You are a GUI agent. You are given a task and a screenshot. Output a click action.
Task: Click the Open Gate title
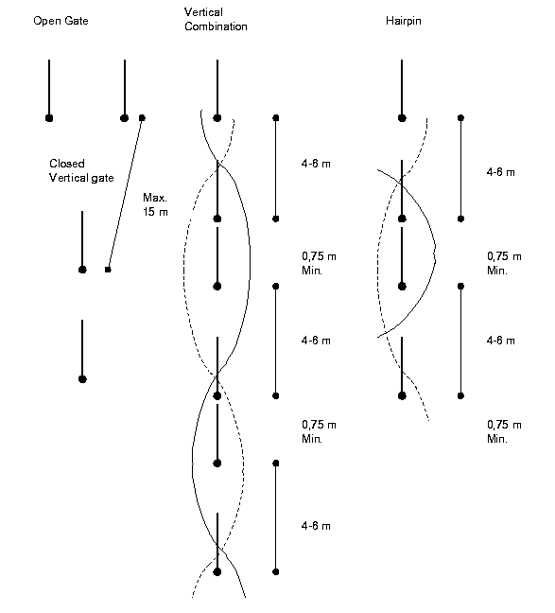point(61,21)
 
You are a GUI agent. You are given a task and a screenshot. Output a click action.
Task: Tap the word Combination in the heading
point(216,26)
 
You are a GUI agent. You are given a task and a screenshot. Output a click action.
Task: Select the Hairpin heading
point(404,21)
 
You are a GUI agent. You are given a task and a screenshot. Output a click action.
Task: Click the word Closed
point(67,164)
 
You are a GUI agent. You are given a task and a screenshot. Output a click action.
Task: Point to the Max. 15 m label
point(155,204)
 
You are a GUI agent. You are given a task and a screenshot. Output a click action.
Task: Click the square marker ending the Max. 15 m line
point(108,270)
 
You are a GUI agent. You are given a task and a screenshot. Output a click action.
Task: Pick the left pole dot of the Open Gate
point(49,118)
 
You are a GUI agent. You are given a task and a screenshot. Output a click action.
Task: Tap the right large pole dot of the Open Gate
point(124,118)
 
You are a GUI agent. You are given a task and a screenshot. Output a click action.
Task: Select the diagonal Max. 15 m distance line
point(125,194)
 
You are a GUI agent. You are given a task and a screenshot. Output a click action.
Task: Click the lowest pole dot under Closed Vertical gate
point(82,378)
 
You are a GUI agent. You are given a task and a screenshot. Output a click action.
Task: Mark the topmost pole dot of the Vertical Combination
point(217,118)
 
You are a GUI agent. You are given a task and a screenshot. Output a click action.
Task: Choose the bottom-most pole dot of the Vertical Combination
point(217,571)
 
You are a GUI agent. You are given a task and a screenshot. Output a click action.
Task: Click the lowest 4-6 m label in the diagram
point(316,526)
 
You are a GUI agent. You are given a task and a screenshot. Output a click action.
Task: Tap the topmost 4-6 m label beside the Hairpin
point(501,172)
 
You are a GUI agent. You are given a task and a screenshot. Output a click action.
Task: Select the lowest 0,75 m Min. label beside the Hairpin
point(504,431)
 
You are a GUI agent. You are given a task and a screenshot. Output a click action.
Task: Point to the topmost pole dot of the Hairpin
point(402,118)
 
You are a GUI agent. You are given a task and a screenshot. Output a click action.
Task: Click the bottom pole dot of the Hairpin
point(402,395)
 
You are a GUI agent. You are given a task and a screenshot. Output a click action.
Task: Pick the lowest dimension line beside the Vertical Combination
point(276,517)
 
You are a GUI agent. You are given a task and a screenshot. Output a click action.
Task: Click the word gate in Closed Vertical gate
point(103,178)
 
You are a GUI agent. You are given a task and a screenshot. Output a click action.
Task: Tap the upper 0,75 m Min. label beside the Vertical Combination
point(319,263)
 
